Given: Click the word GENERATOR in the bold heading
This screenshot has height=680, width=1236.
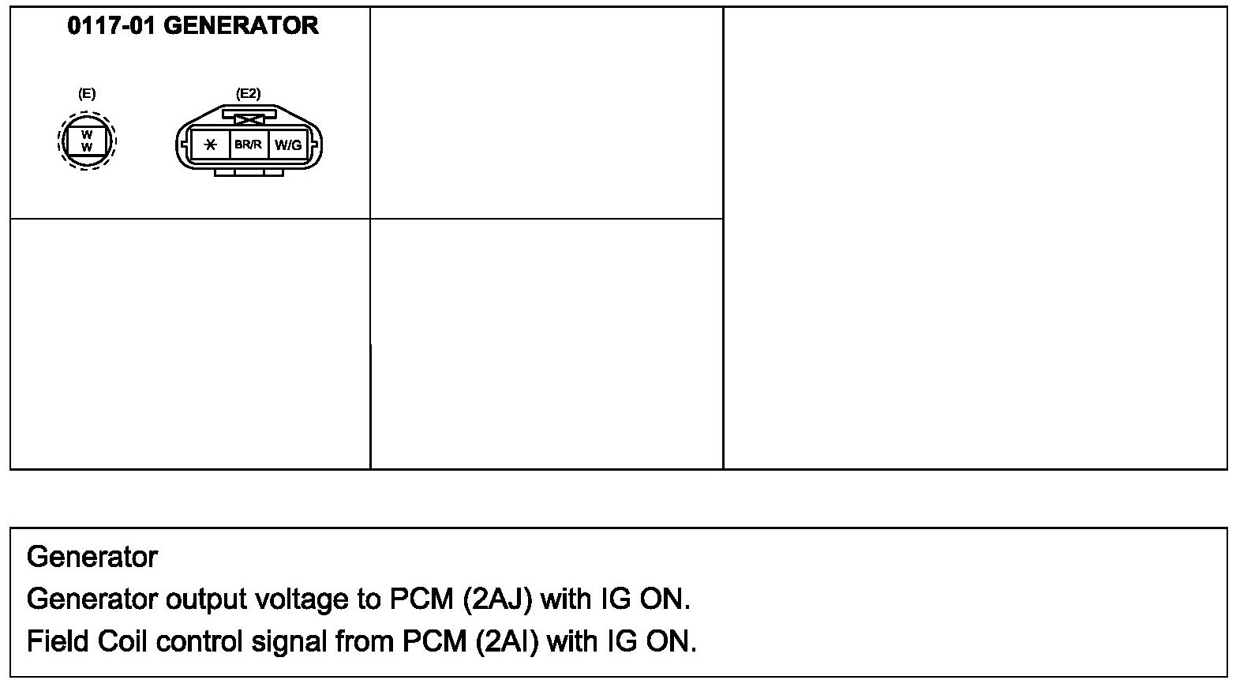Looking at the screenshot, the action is (x=242, y=26).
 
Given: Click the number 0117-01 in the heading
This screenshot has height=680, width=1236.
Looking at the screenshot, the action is (x=113, y=26).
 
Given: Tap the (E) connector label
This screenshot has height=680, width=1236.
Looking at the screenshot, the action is (x=87, y=93).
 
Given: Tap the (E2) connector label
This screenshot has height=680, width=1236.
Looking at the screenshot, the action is (x=248, y=93).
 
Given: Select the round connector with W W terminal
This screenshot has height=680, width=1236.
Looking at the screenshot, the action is (x=87, y=142).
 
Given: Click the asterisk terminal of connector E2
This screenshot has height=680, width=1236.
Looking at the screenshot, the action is (x=210, y=145).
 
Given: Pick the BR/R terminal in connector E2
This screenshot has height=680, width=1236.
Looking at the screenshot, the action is (x=248, y=145).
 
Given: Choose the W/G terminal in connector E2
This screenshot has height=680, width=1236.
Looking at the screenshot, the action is (x=287, y=145).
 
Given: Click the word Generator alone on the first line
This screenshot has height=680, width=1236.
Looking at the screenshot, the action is (x=92, y=558).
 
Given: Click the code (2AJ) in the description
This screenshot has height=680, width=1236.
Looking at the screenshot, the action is (x=504, y=599).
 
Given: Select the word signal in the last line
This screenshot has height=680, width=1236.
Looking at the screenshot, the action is (x=289, y=641).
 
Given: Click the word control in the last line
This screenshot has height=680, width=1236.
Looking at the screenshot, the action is (x=200, y=641).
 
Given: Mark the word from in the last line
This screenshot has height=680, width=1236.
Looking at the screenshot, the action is (x=365, y=641).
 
